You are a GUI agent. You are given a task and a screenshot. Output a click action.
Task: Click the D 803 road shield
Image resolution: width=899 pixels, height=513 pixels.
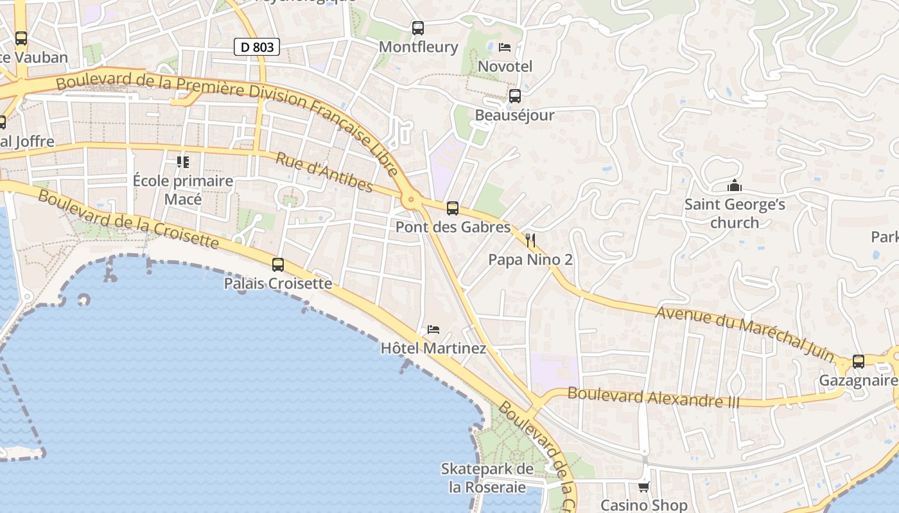pos(257,47)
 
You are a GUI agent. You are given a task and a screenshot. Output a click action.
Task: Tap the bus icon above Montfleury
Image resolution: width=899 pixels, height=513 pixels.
pos(418,28)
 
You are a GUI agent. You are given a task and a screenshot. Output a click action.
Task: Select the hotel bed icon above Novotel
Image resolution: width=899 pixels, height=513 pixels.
pos(505,47)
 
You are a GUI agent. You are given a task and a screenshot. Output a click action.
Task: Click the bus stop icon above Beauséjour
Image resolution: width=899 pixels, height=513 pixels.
pos(515,96)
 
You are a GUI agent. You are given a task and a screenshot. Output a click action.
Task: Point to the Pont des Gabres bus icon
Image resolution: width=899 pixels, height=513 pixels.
pos(453,208)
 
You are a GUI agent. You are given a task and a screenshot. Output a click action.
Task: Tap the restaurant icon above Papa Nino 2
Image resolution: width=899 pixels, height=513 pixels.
pos(530,240)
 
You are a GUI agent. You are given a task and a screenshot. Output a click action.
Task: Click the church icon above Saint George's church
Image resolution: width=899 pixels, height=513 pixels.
pos(735,186)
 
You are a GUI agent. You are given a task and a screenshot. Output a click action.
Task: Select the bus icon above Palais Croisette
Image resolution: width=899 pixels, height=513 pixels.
pos(278,264)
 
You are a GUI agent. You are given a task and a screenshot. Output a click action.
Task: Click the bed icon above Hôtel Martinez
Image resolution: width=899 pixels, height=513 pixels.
pos(433,330)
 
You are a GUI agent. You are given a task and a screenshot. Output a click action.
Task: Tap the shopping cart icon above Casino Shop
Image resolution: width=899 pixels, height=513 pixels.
pos(644,487)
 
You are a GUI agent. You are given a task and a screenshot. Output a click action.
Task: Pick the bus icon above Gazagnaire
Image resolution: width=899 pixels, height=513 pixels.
pos(859,361)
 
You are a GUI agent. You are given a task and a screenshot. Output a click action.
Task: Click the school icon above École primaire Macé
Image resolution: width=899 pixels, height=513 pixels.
pos(183,162)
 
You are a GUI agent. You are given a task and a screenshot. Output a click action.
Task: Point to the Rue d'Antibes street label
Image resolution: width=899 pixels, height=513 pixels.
pos(324,172)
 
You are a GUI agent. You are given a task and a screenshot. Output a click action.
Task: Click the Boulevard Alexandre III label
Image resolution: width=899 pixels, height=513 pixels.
pos(654,398)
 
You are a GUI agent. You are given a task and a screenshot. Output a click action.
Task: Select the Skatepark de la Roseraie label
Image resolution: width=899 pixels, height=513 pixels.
pos(487,478)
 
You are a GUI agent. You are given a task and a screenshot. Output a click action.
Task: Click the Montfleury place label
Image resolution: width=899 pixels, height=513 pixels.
pos(419,47)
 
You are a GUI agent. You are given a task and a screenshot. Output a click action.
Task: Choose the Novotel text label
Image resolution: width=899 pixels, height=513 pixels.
pos(505,66)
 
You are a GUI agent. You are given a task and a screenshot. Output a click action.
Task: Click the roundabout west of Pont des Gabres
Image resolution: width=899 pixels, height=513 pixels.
pos(411,201)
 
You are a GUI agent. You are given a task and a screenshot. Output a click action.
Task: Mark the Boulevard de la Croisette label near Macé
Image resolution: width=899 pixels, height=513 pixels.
pos(128,219)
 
